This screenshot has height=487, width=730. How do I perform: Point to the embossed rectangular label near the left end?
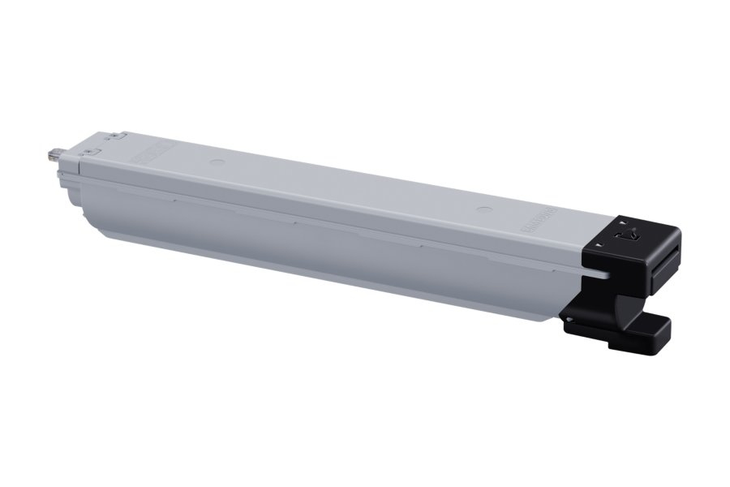pyautogui.click(x=154, y=151)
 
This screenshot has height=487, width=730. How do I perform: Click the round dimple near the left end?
pyautogui.click(x=213, y=161)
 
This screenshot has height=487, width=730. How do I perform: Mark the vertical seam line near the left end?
pyautogui.click(x=80, y=166)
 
